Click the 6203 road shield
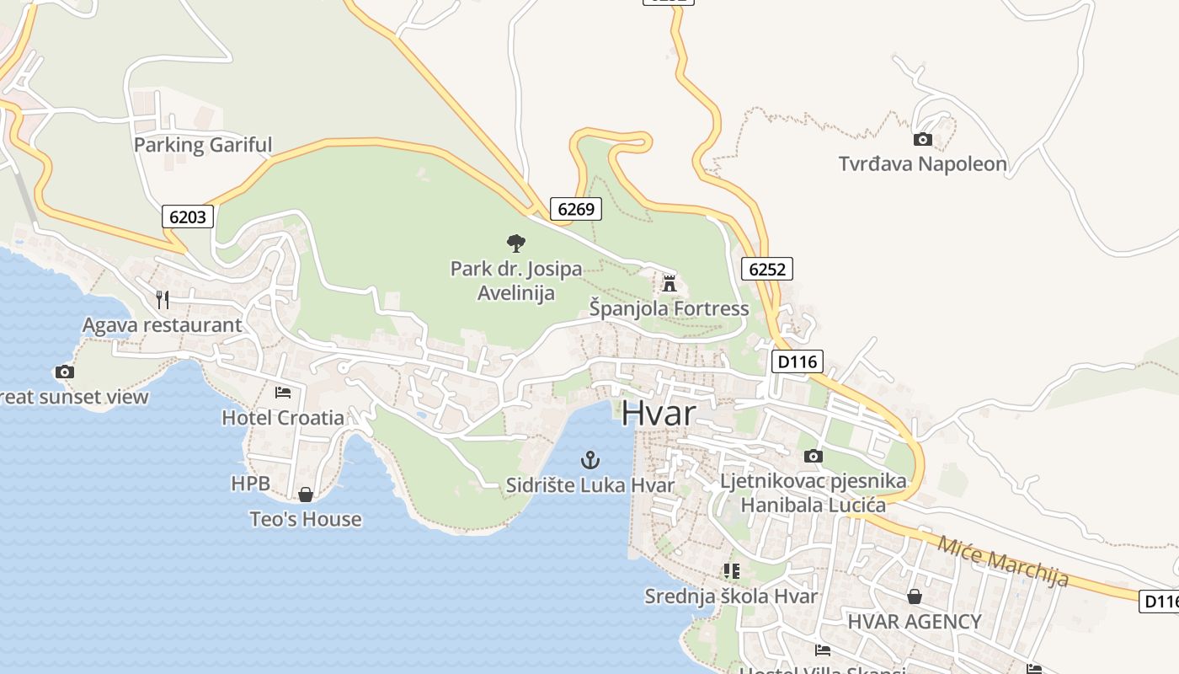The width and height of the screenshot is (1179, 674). click(x=188, y=217)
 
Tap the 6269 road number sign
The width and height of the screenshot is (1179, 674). click(x=576, y=208)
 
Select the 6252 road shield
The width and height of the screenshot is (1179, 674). click(x=767, y=269)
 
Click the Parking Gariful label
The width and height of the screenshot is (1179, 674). click(x=203, y=145)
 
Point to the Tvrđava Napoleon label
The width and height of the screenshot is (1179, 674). click(x=922, y=163)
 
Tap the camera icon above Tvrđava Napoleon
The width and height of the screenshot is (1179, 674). click(x=922, y=139)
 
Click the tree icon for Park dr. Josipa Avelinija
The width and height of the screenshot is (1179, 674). click(x=516, y=243)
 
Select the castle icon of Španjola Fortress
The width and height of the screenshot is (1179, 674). click(x=670, y=283)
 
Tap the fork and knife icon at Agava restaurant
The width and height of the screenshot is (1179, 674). click(x=163, y=299)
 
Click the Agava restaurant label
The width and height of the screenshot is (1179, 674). click(x=162, y=325)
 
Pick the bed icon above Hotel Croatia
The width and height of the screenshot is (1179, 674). click(x=283, y=393)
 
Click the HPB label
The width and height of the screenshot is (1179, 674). click(x=250, y=484)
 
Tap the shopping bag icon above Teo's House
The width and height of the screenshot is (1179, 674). click(x=306, y=495)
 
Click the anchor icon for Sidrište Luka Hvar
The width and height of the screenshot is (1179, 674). click(x=590, y=460)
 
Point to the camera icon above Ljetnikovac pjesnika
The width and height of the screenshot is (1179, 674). click(x=813, y=456)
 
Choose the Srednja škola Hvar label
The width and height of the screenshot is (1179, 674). click(x=731, y=596)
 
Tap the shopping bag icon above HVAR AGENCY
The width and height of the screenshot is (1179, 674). click(x=915, y=597)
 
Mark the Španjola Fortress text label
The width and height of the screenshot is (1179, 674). click(x=669, y=309)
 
